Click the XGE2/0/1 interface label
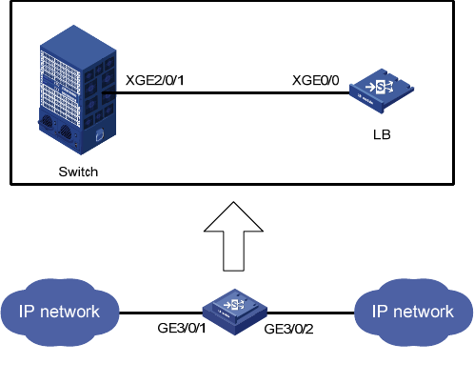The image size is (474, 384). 155,80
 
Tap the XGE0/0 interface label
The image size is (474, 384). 315,80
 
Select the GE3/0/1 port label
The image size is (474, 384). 182,328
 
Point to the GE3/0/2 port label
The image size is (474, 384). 288,329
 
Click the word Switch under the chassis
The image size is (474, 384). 78,172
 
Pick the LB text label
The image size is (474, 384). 382,134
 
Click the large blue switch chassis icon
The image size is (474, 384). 77,90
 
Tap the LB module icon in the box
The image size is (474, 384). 382,91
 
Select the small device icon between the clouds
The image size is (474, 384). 235,312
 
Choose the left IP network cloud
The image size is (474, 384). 60,313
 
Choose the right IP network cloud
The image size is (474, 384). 413,313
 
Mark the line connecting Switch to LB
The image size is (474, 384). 226,93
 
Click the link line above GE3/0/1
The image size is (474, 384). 161,313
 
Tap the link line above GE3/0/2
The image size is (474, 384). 310,313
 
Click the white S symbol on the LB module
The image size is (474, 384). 380,86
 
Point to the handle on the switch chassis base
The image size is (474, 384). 100,134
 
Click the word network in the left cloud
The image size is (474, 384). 69,312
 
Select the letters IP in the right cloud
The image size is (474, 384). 380,312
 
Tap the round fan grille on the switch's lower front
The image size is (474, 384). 66,131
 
